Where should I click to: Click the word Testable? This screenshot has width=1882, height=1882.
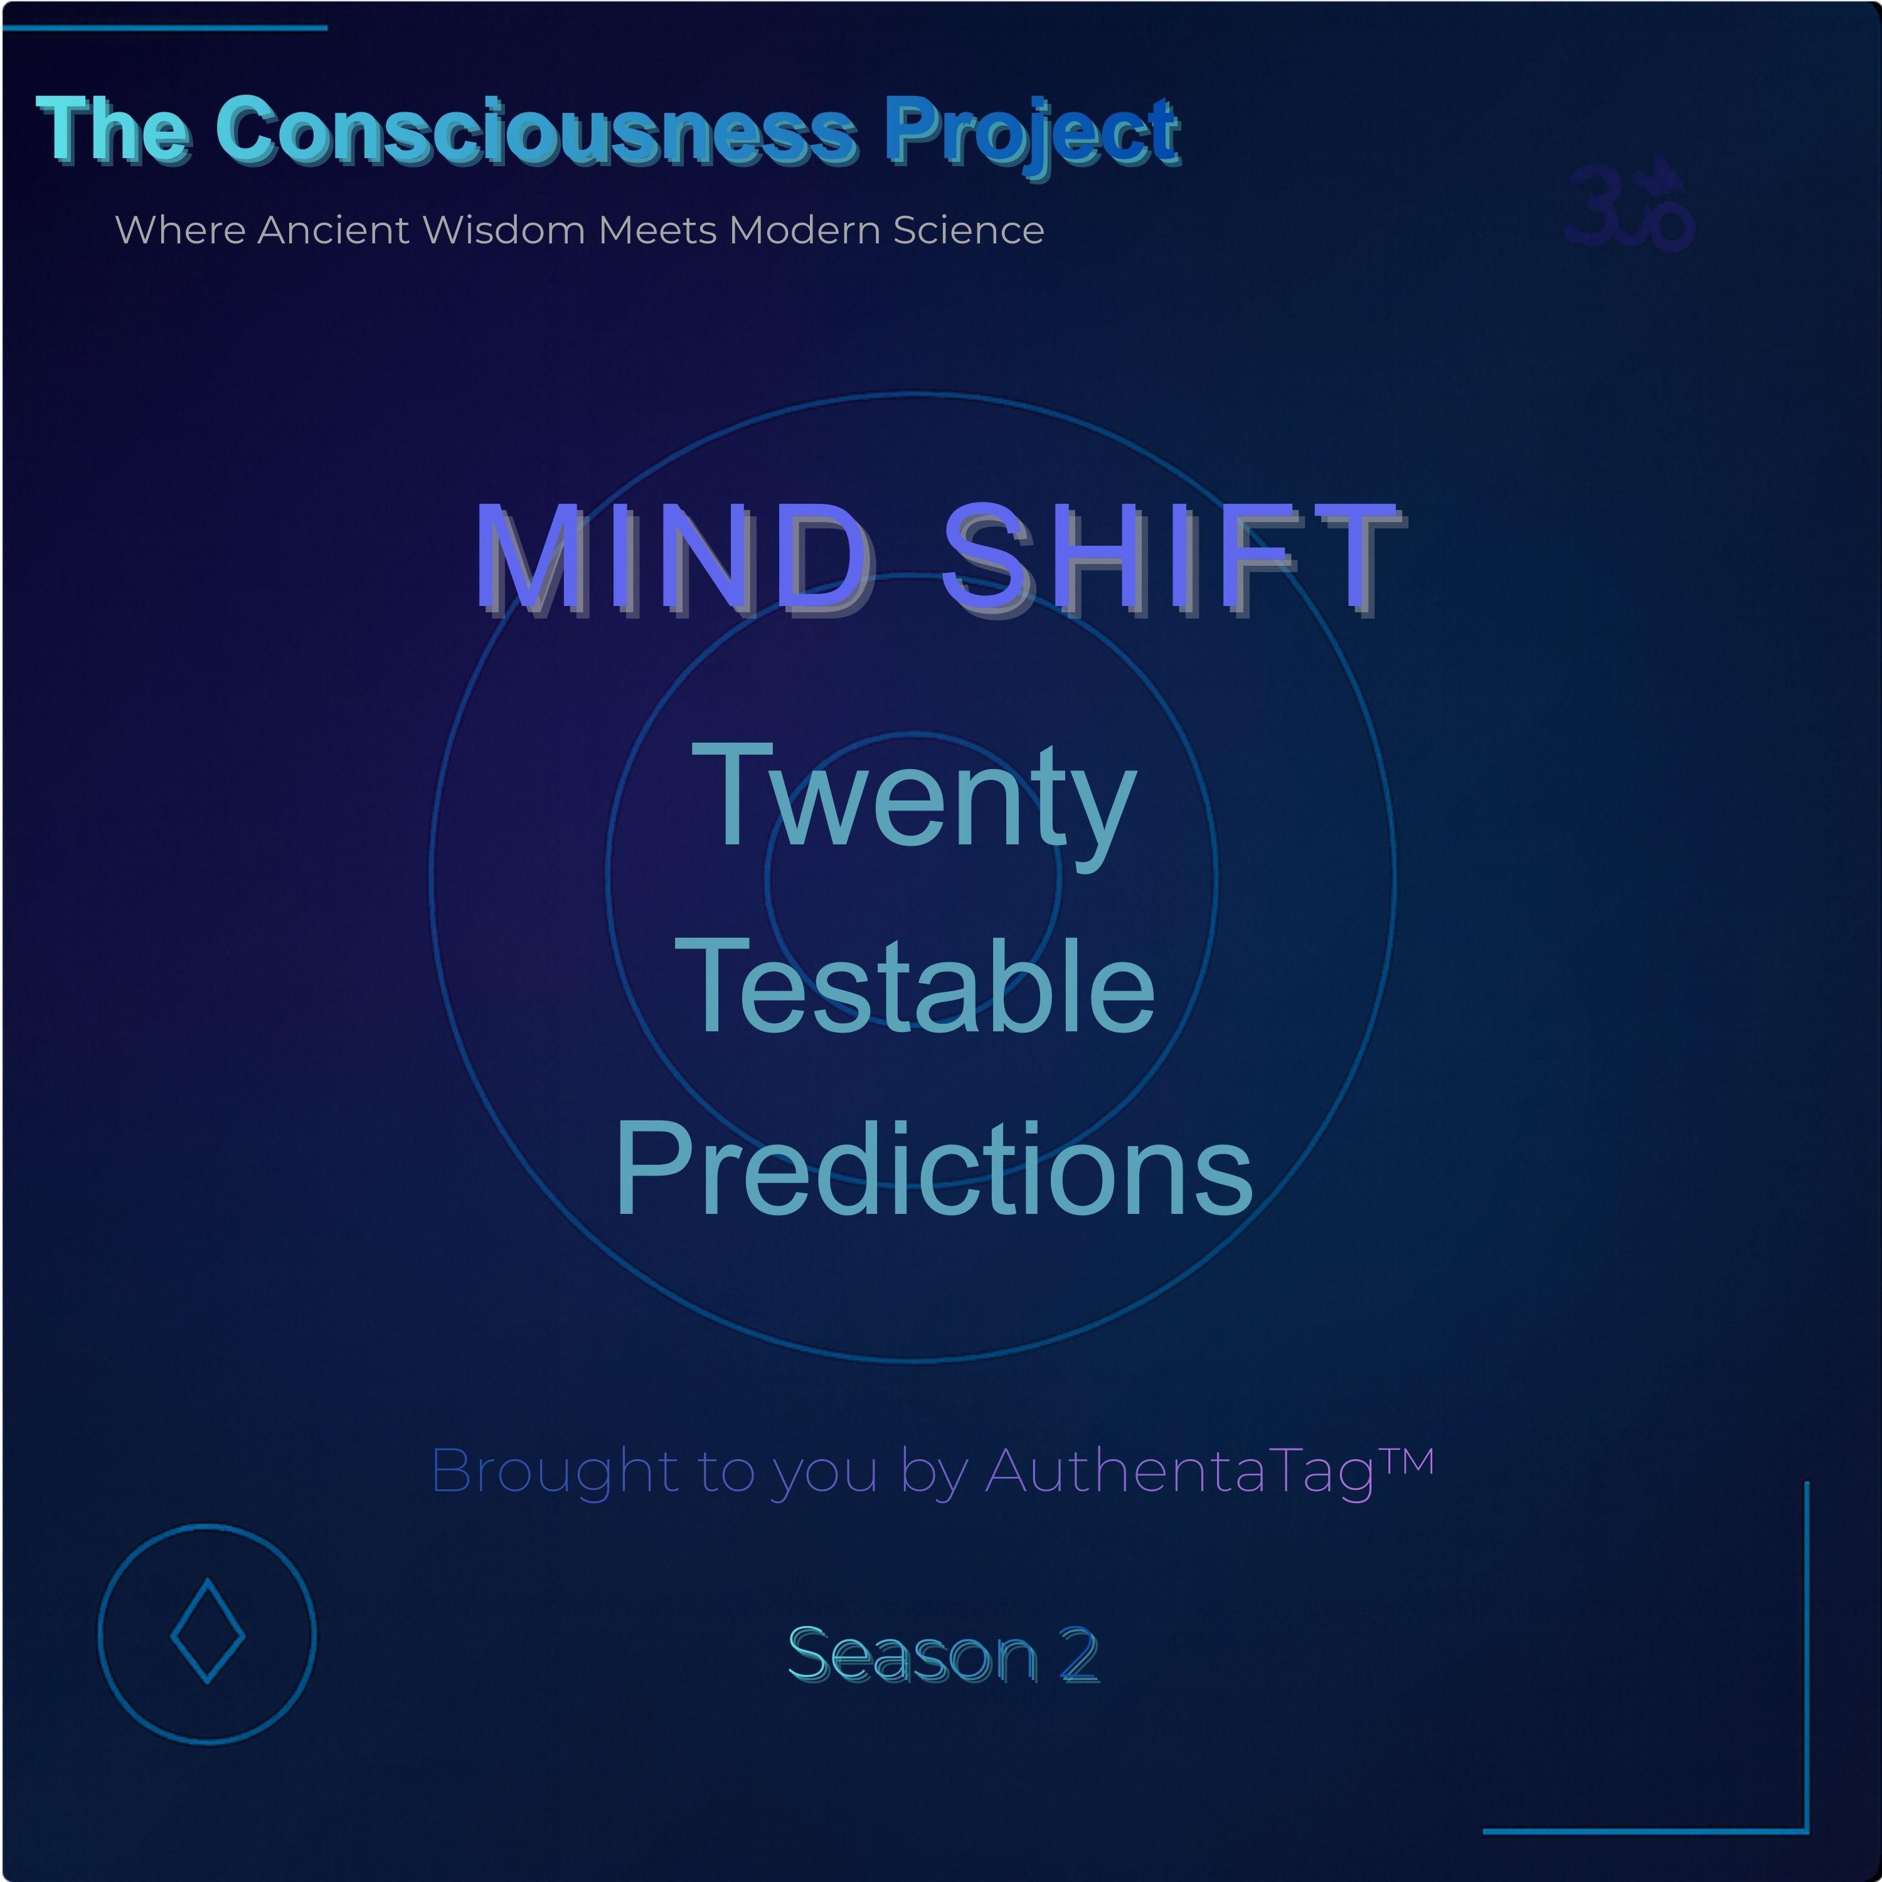[915, 985]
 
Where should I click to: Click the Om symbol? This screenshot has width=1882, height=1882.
[1630, 206]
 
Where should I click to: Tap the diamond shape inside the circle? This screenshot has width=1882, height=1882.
[208, 1630]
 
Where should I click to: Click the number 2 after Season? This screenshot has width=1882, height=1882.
[1079, 1654]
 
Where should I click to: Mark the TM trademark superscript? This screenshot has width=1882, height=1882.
[1406, 1461]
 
